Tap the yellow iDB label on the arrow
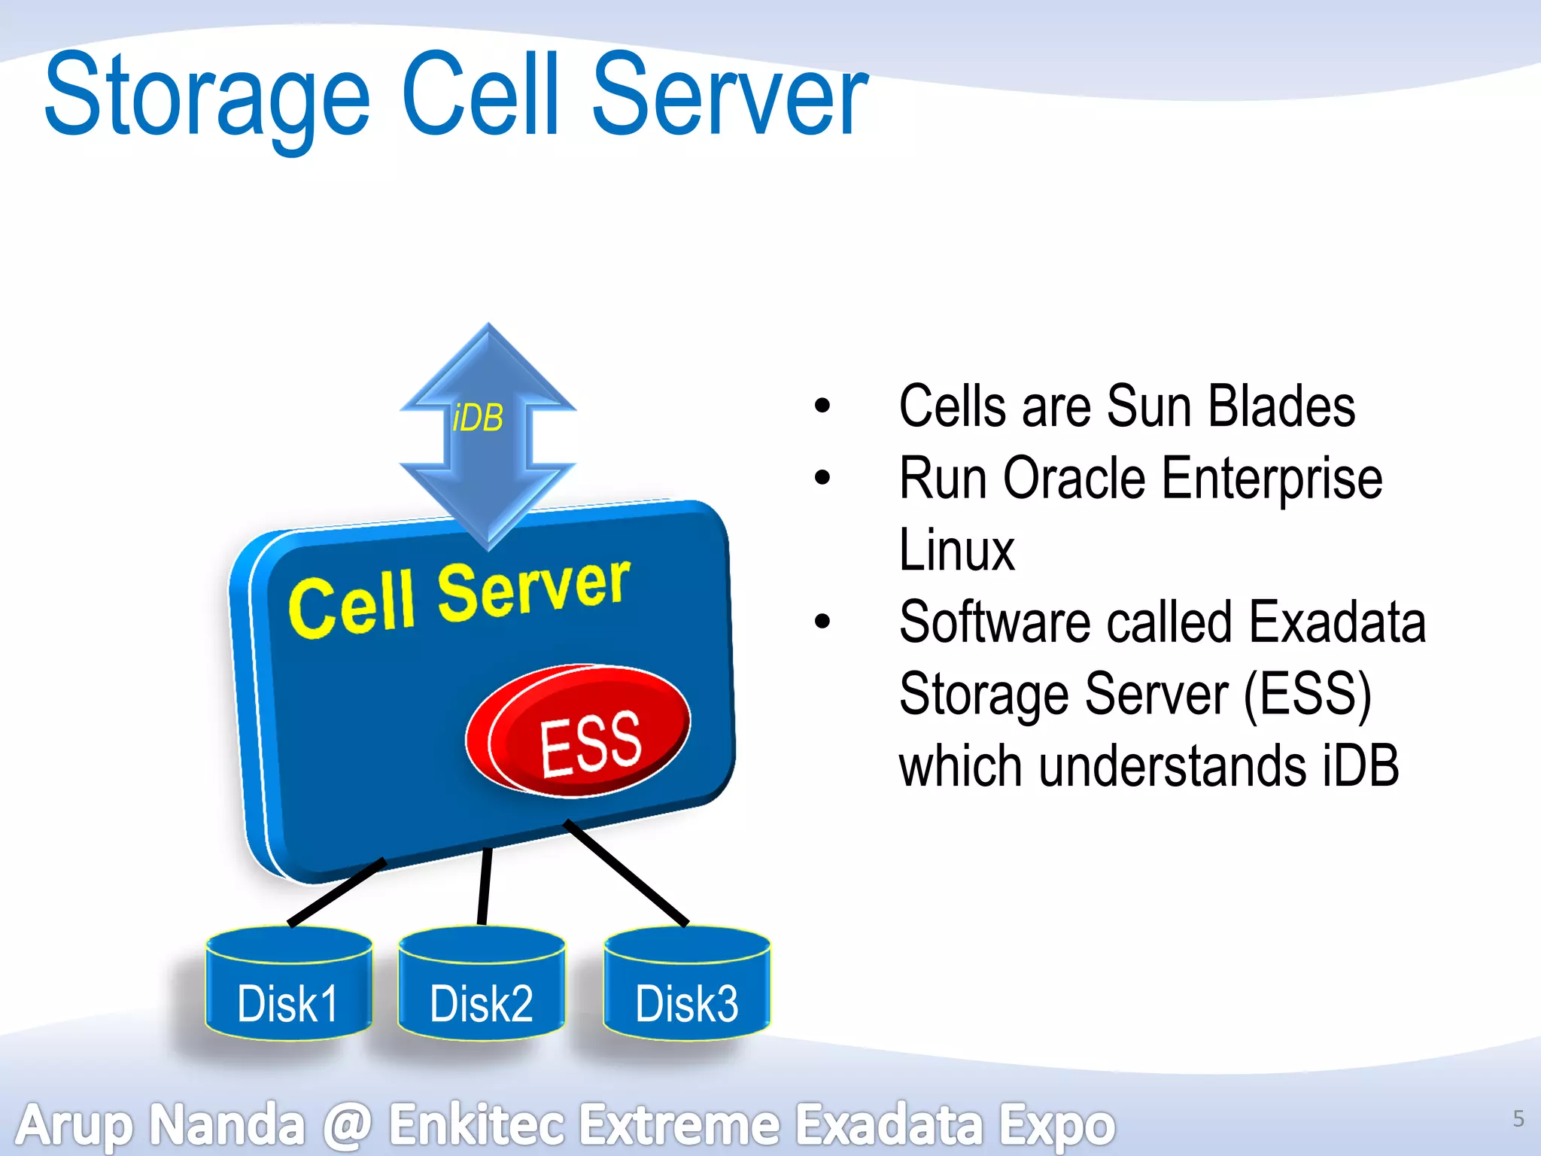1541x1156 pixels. pyautogui.click(x=478, y=418)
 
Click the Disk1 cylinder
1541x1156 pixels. pyautogui.click(x=288, y=986)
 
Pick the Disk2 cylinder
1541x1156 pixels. pyautogui.click(x=482, y=986)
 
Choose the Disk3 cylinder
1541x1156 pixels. pyautogui.click(x=687, y=986)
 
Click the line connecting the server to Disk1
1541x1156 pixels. pyautogui.click(x=336, y=893)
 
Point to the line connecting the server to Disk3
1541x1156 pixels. pyautogui.click(x=626, y=873)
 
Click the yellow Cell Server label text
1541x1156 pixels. pyautogui.click(x=459, y=598)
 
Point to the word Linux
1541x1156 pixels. pyautogui.click(x=956, y=550)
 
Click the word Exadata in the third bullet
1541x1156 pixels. pyautogui.click(x=1337, y=622)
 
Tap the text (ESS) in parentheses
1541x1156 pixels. pyautogui.click(x=1307, y=694)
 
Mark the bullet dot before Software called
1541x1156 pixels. pyautogui.click(x=822, y=622)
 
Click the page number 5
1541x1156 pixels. pyautogui.click(x=1518, y=1118)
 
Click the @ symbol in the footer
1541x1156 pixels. pyautogui.click(x=348, y=1124)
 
